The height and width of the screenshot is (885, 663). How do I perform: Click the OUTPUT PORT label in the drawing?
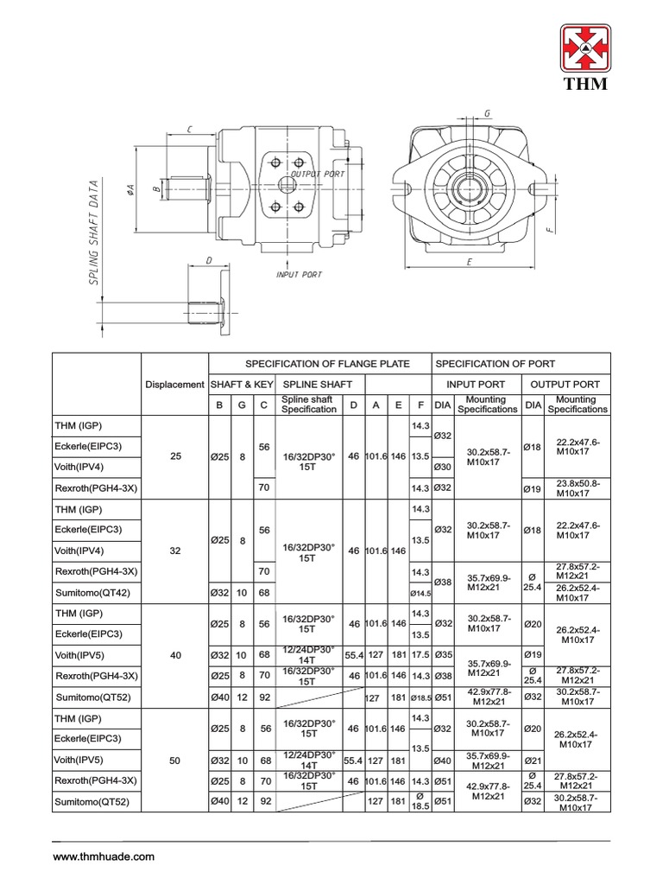318,174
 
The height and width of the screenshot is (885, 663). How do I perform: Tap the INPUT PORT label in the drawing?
299,275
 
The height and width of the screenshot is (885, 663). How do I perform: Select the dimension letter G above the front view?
487,113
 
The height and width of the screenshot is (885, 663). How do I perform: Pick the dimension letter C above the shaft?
188,129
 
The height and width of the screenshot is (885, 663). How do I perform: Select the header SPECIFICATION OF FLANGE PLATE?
327,363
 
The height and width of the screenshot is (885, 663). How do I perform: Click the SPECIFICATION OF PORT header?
496,363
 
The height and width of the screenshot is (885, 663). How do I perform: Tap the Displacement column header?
175,384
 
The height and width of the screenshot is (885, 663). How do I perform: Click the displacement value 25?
175,456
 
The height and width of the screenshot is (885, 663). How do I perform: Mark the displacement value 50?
175,761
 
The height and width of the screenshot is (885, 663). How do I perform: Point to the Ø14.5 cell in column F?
420,593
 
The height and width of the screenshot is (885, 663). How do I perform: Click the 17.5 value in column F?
420,655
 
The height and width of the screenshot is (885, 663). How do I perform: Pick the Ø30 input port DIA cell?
443,468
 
